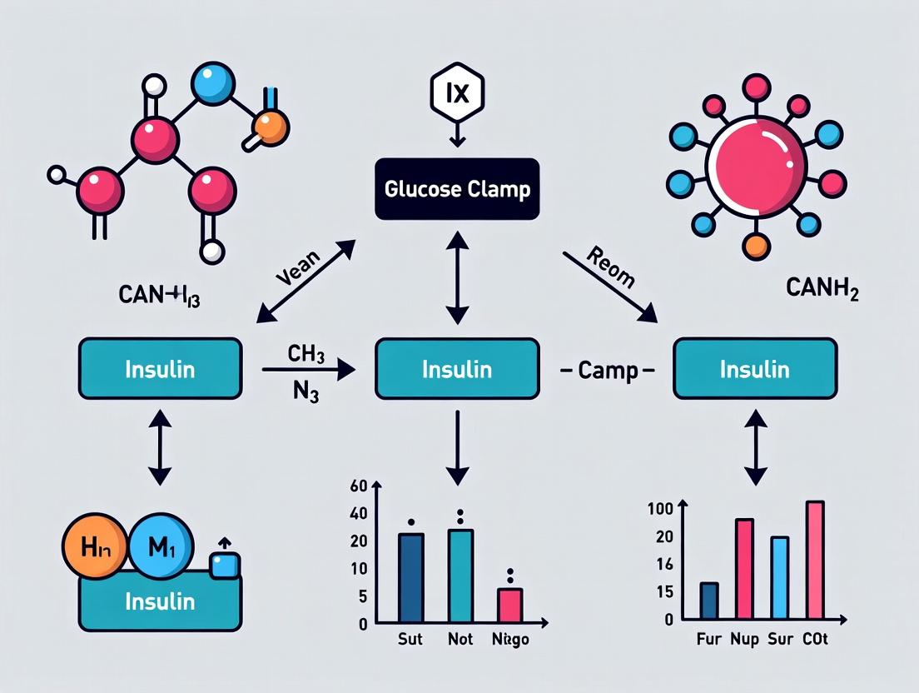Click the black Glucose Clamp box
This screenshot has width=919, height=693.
457,189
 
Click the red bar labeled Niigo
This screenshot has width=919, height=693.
509,605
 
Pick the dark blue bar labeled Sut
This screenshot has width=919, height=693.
411,577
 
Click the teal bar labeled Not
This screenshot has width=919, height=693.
460,575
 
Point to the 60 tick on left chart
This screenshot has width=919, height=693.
360,486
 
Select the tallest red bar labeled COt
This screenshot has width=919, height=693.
815,560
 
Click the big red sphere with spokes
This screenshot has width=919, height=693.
756,162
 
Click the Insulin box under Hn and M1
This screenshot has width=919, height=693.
160,601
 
